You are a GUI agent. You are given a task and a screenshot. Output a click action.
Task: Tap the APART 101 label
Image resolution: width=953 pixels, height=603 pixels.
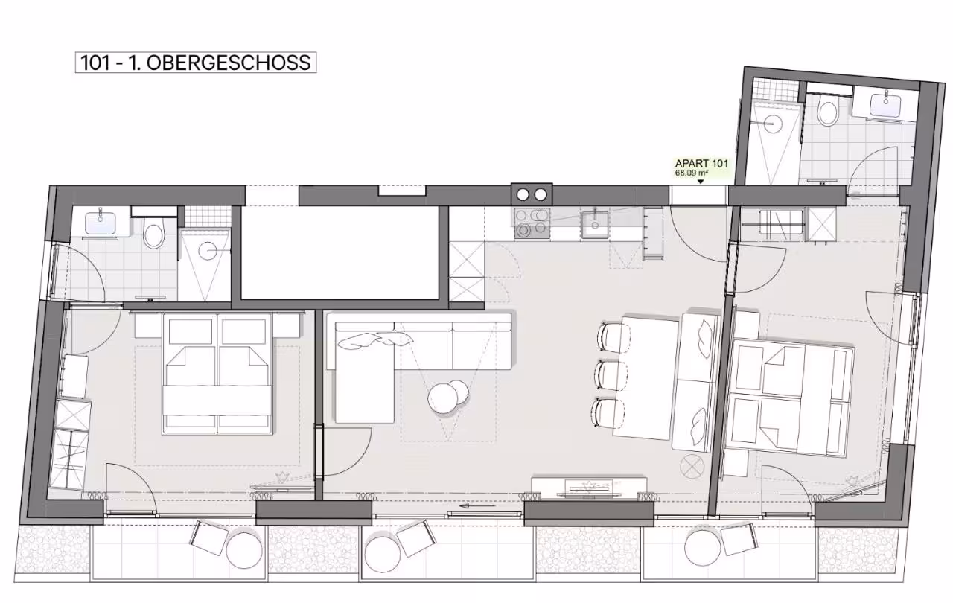(701, 163)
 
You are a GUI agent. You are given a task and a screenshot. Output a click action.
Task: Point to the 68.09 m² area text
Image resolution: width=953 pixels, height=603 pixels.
(692, 173)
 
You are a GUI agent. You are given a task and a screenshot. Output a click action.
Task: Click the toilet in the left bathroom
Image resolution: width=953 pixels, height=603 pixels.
(153, 232)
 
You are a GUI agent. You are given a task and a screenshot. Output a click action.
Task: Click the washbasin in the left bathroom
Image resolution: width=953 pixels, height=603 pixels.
(100, 223)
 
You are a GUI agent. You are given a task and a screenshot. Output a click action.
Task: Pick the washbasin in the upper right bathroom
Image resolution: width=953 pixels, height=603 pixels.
(885, 105)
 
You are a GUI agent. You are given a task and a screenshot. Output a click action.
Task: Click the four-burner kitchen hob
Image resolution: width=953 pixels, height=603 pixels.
(532, 223)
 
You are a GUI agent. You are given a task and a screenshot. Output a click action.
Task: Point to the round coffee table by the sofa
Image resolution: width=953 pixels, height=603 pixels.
(447, 397)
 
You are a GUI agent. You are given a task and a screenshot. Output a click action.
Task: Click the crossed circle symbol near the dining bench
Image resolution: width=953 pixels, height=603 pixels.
(692, 466)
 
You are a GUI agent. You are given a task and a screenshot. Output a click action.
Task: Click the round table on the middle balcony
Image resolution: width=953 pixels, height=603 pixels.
(383, 553)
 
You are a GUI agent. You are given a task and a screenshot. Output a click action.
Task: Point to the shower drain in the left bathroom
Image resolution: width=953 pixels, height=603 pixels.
(209, 251)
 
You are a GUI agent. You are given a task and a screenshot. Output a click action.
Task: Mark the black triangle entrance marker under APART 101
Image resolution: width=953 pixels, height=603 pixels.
(701, 182)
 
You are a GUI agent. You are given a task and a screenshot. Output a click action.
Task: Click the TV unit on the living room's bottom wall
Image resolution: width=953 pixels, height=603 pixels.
(589, 488)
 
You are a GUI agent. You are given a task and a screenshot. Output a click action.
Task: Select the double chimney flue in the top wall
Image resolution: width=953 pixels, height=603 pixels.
(532, 195)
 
